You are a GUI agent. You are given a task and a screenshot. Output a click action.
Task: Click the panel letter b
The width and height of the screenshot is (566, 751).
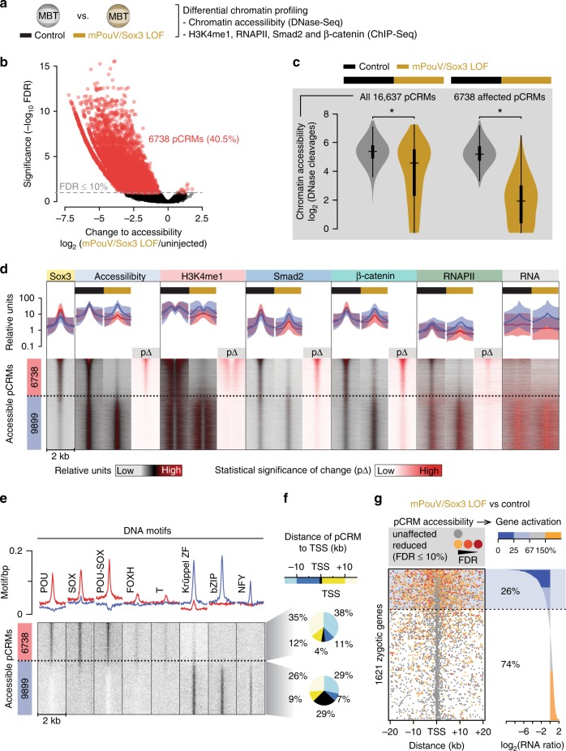pyautogui.click(x=6, y=62)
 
